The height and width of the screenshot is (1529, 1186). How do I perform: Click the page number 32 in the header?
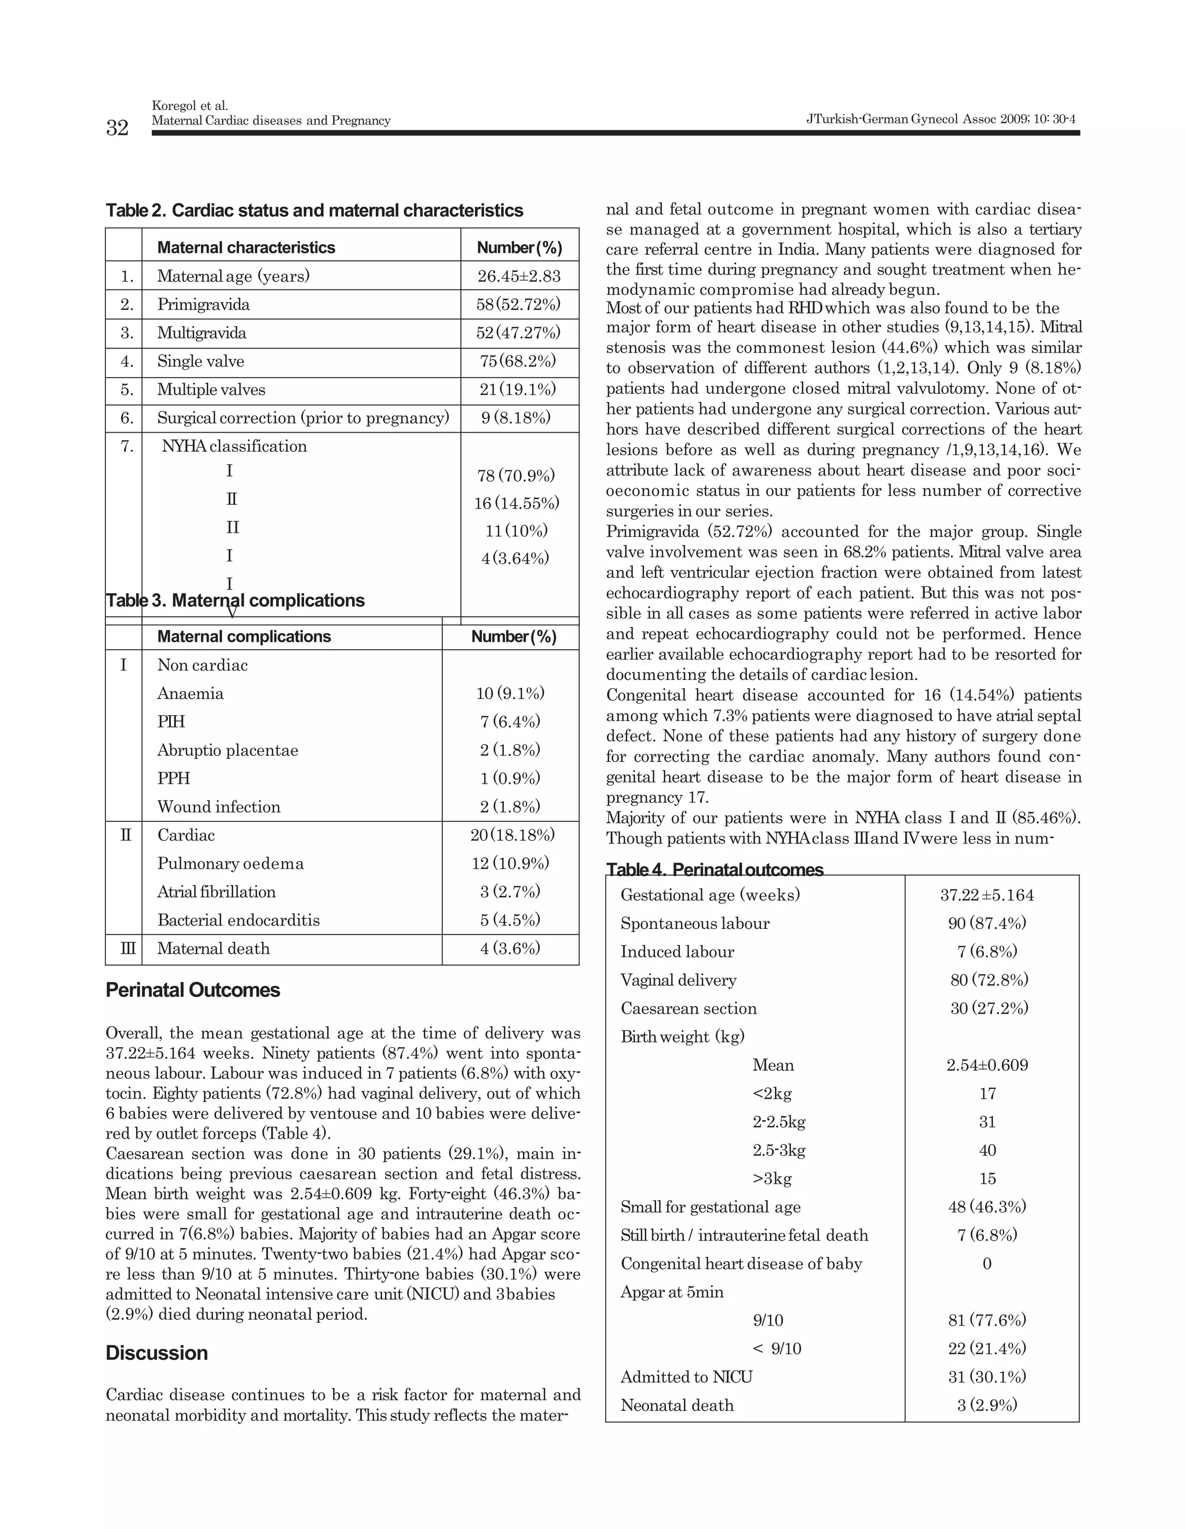pos(117,127)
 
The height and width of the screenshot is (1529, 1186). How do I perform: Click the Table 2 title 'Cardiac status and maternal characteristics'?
pos(314,210)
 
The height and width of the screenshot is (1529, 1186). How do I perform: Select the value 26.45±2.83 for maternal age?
pos(519,276)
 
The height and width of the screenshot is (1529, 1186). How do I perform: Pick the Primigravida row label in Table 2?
pos(203,305)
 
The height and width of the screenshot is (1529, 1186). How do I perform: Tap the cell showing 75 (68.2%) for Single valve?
pos(519,361)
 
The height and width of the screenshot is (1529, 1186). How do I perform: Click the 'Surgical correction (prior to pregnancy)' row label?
pos(302,418)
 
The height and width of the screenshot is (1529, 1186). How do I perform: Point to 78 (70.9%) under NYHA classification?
pos(516,476)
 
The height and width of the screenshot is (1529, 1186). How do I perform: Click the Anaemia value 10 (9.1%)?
pos(510,694)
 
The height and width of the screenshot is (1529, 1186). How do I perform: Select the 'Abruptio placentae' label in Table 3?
pos(228,751)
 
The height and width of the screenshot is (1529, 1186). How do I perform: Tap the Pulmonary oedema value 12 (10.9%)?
pos(510,863)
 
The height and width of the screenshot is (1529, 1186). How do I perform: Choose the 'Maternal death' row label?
pos(214,949)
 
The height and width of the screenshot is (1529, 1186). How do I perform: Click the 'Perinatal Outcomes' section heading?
pos(192,990)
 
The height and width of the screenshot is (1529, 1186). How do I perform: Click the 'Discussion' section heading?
pos(157,1352)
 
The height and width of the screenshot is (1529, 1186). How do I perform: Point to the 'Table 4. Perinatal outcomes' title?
pos(715,869)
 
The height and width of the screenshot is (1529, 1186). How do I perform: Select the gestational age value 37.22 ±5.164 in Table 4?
pos(986,895)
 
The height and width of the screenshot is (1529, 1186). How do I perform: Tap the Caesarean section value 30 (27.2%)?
pos(989,1008)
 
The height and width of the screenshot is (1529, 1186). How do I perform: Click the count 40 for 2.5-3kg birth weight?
pos(987,1150)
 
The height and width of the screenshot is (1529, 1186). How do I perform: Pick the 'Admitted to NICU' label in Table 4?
pos(686,1377)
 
